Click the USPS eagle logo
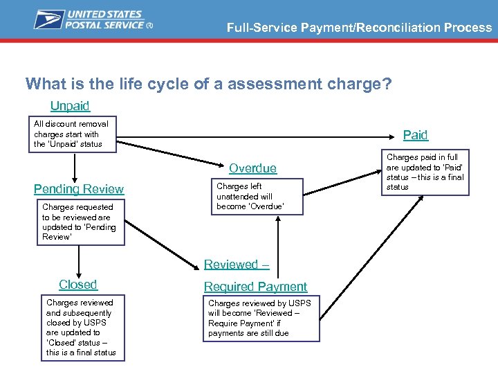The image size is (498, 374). tap(48, 19)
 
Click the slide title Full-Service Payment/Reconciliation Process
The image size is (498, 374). tap(359, 28)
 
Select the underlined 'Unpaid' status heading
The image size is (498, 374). tap(70, 106)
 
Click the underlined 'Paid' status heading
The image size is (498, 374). tap(415, 135)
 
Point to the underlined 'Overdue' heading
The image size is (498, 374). tap(252, 168)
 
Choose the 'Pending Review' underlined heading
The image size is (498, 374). tap(79, 189)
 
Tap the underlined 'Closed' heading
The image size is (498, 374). tap(78, 285)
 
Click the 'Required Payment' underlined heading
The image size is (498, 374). tap(255, 287)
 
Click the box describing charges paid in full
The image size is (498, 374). tap(427, 172)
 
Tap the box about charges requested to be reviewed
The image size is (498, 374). tap(80, 222)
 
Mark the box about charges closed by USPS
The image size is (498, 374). tap(81, 328)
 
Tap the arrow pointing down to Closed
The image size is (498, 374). tap(79, 261)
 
